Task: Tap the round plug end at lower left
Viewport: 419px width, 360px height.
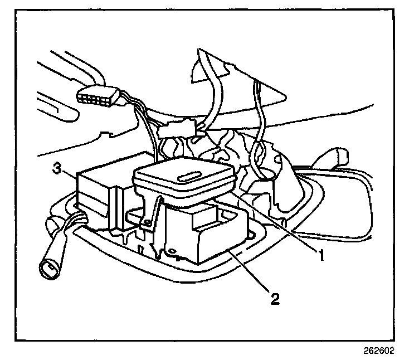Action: pyautogui.click(x=48, y=269)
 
